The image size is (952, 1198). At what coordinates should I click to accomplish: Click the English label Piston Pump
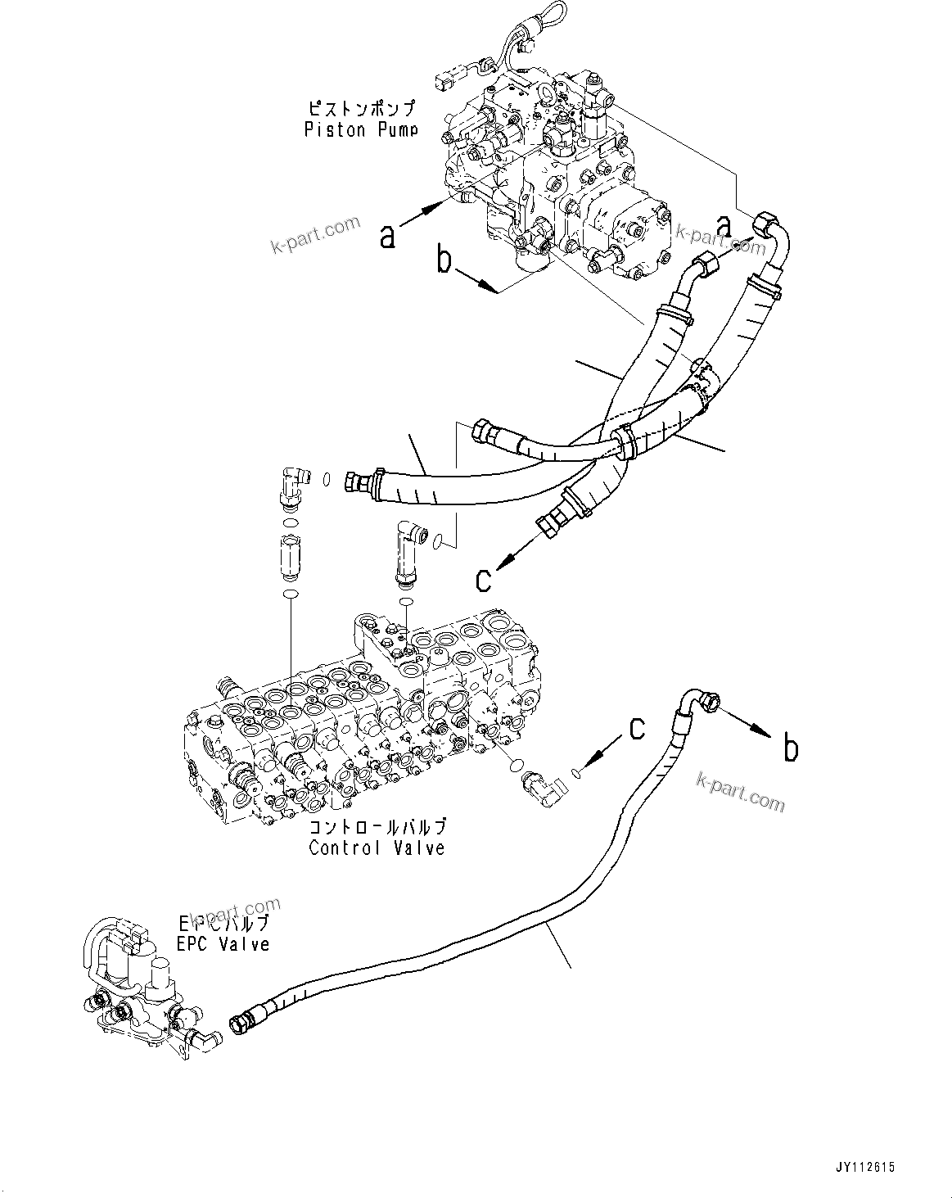coord(360,129)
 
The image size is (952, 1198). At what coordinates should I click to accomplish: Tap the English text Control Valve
coord(377,848)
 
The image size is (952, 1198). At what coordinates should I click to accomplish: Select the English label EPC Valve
coord(223,943)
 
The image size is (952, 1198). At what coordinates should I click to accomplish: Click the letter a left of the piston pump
coord(388,235)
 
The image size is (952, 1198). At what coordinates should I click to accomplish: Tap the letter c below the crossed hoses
coord(484,579)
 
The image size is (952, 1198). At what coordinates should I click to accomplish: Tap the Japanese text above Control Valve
coord(377,827)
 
